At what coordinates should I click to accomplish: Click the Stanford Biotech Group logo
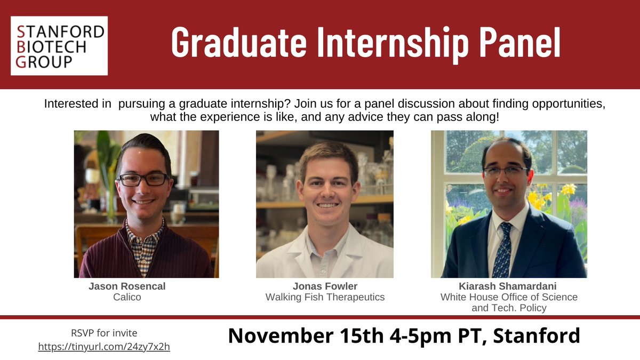[x=59, y=46]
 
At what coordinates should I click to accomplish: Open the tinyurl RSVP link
[x=103, y=347]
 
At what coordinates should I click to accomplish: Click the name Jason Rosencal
[x=127, y=286]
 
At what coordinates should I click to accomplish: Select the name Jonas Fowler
[x=325, y=286]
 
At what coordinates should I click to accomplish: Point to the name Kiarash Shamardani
[x=509, y=286]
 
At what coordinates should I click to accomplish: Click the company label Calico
[x=127, y=297]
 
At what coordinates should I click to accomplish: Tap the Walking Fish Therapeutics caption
[x=325, y=297]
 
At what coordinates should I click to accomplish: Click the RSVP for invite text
[x=103, y=333]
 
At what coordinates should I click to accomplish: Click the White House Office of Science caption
[x=509, y=297]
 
